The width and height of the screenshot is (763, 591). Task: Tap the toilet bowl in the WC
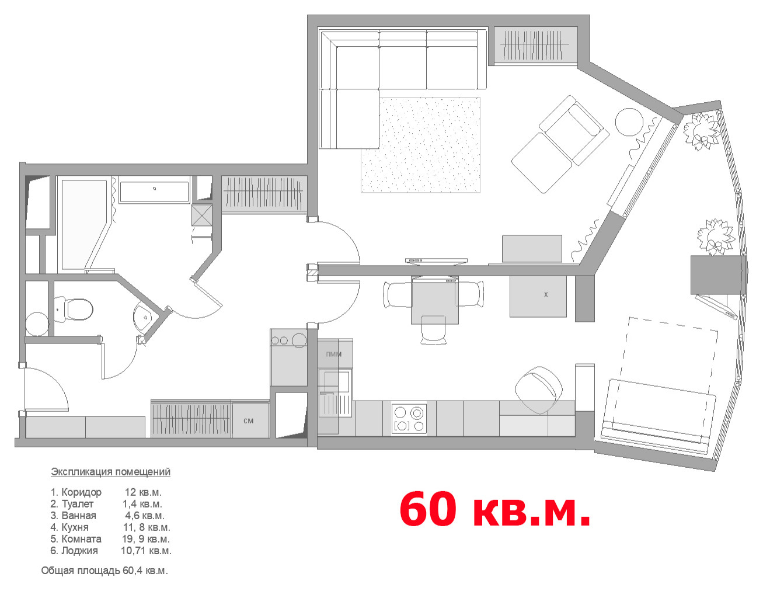pos(74,310)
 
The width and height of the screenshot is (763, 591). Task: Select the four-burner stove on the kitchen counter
pos(409,419)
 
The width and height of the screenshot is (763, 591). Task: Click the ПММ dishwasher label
pos(333,354)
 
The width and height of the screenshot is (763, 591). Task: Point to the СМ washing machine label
pos(248,420)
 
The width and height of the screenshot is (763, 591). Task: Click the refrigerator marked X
pos(538,296)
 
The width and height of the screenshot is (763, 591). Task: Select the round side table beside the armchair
pos(629,121)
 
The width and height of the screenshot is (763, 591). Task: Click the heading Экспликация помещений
pos(110,472)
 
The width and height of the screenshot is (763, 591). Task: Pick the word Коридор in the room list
pos(82,492)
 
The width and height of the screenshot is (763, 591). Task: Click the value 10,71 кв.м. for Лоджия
pos(146,551)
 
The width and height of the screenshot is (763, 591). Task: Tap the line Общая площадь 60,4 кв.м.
pos(104,571)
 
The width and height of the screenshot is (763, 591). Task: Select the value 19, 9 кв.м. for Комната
pos(146,538)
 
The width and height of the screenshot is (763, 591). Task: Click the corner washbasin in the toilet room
pos(142,317)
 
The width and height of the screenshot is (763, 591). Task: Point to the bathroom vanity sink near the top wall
pos(154,192)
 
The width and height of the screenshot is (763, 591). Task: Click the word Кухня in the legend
pos(75,527)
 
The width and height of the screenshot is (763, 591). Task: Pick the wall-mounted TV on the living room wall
pos(436,261)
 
